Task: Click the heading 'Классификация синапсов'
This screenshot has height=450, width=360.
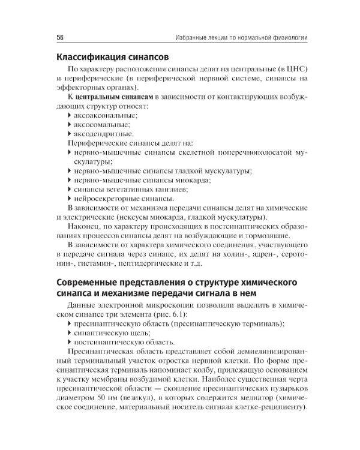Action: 112,58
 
